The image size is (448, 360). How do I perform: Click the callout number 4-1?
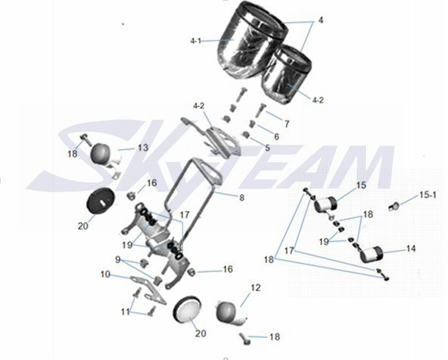[196, 41]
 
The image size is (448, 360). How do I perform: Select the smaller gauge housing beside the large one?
[286, 75]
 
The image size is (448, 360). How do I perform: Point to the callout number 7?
[287, 124]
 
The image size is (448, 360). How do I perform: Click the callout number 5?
[267, 148]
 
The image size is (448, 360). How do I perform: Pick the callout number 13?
[143, 148]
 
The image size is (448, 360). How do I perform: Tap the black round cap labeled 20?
[101, 201]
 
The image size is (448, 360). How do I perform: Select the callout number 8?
[241, 198]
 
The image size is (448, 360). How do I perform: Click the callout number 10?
[105, 274]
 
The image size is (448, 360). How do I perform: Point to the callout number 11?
[125, 311]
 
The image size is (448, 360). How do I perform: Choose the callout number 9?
[118, 259]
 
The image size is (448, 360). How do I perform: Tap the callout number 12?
[256, 287]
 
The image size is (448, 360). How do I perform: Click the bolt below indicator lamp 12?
[246, 339]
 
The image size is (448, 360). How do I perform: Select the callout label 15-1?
[428, 195]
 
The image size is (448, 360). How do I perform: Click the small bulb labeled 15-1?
[394, 206]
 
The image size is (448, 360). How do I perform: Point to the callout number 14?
[411, 249]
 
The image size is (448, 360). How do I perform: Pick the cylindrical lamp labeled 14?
[371, 254]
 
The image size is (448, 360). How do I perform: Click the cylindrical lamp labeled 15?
[325, 204]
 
